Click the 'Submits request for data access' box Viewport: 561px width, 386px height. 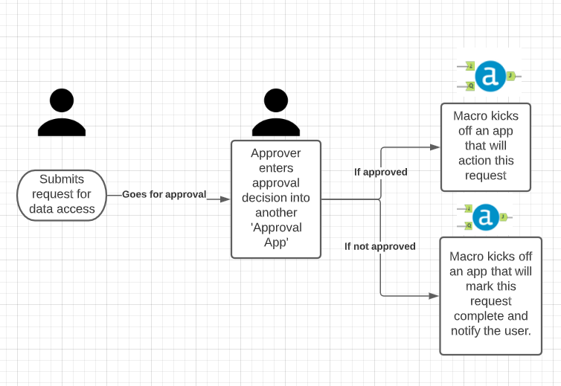(62, 195)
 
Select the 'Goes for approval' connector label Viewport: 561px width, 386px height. (164, 195)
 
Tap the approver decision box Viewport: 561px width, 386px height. (276, 199)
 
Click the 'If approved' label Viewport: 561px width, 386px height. (380, 172)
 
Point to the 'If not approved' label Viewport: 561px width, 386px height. (379, 246)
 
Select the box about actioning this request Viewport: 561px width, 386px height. (485, 147)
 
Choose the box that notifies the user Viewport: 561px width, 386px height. (490, 295)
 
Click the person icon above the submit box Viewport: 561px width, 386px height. (61, 112)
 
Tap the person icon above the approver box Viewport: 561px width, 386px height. (275, 112)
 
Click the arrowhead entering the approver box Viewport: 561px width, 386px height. (225, 199)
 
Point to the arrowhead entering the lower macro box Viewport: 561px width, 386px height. (434, 296)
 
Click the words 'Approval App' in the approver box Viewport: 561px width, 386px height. (276, 235)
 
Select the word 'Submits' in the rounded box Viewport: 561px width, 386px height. (62, 179)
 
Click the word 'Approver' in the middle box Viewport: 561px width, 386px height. (276, 154)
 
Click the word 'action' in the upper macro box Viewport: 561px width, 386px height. (474, 161)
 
